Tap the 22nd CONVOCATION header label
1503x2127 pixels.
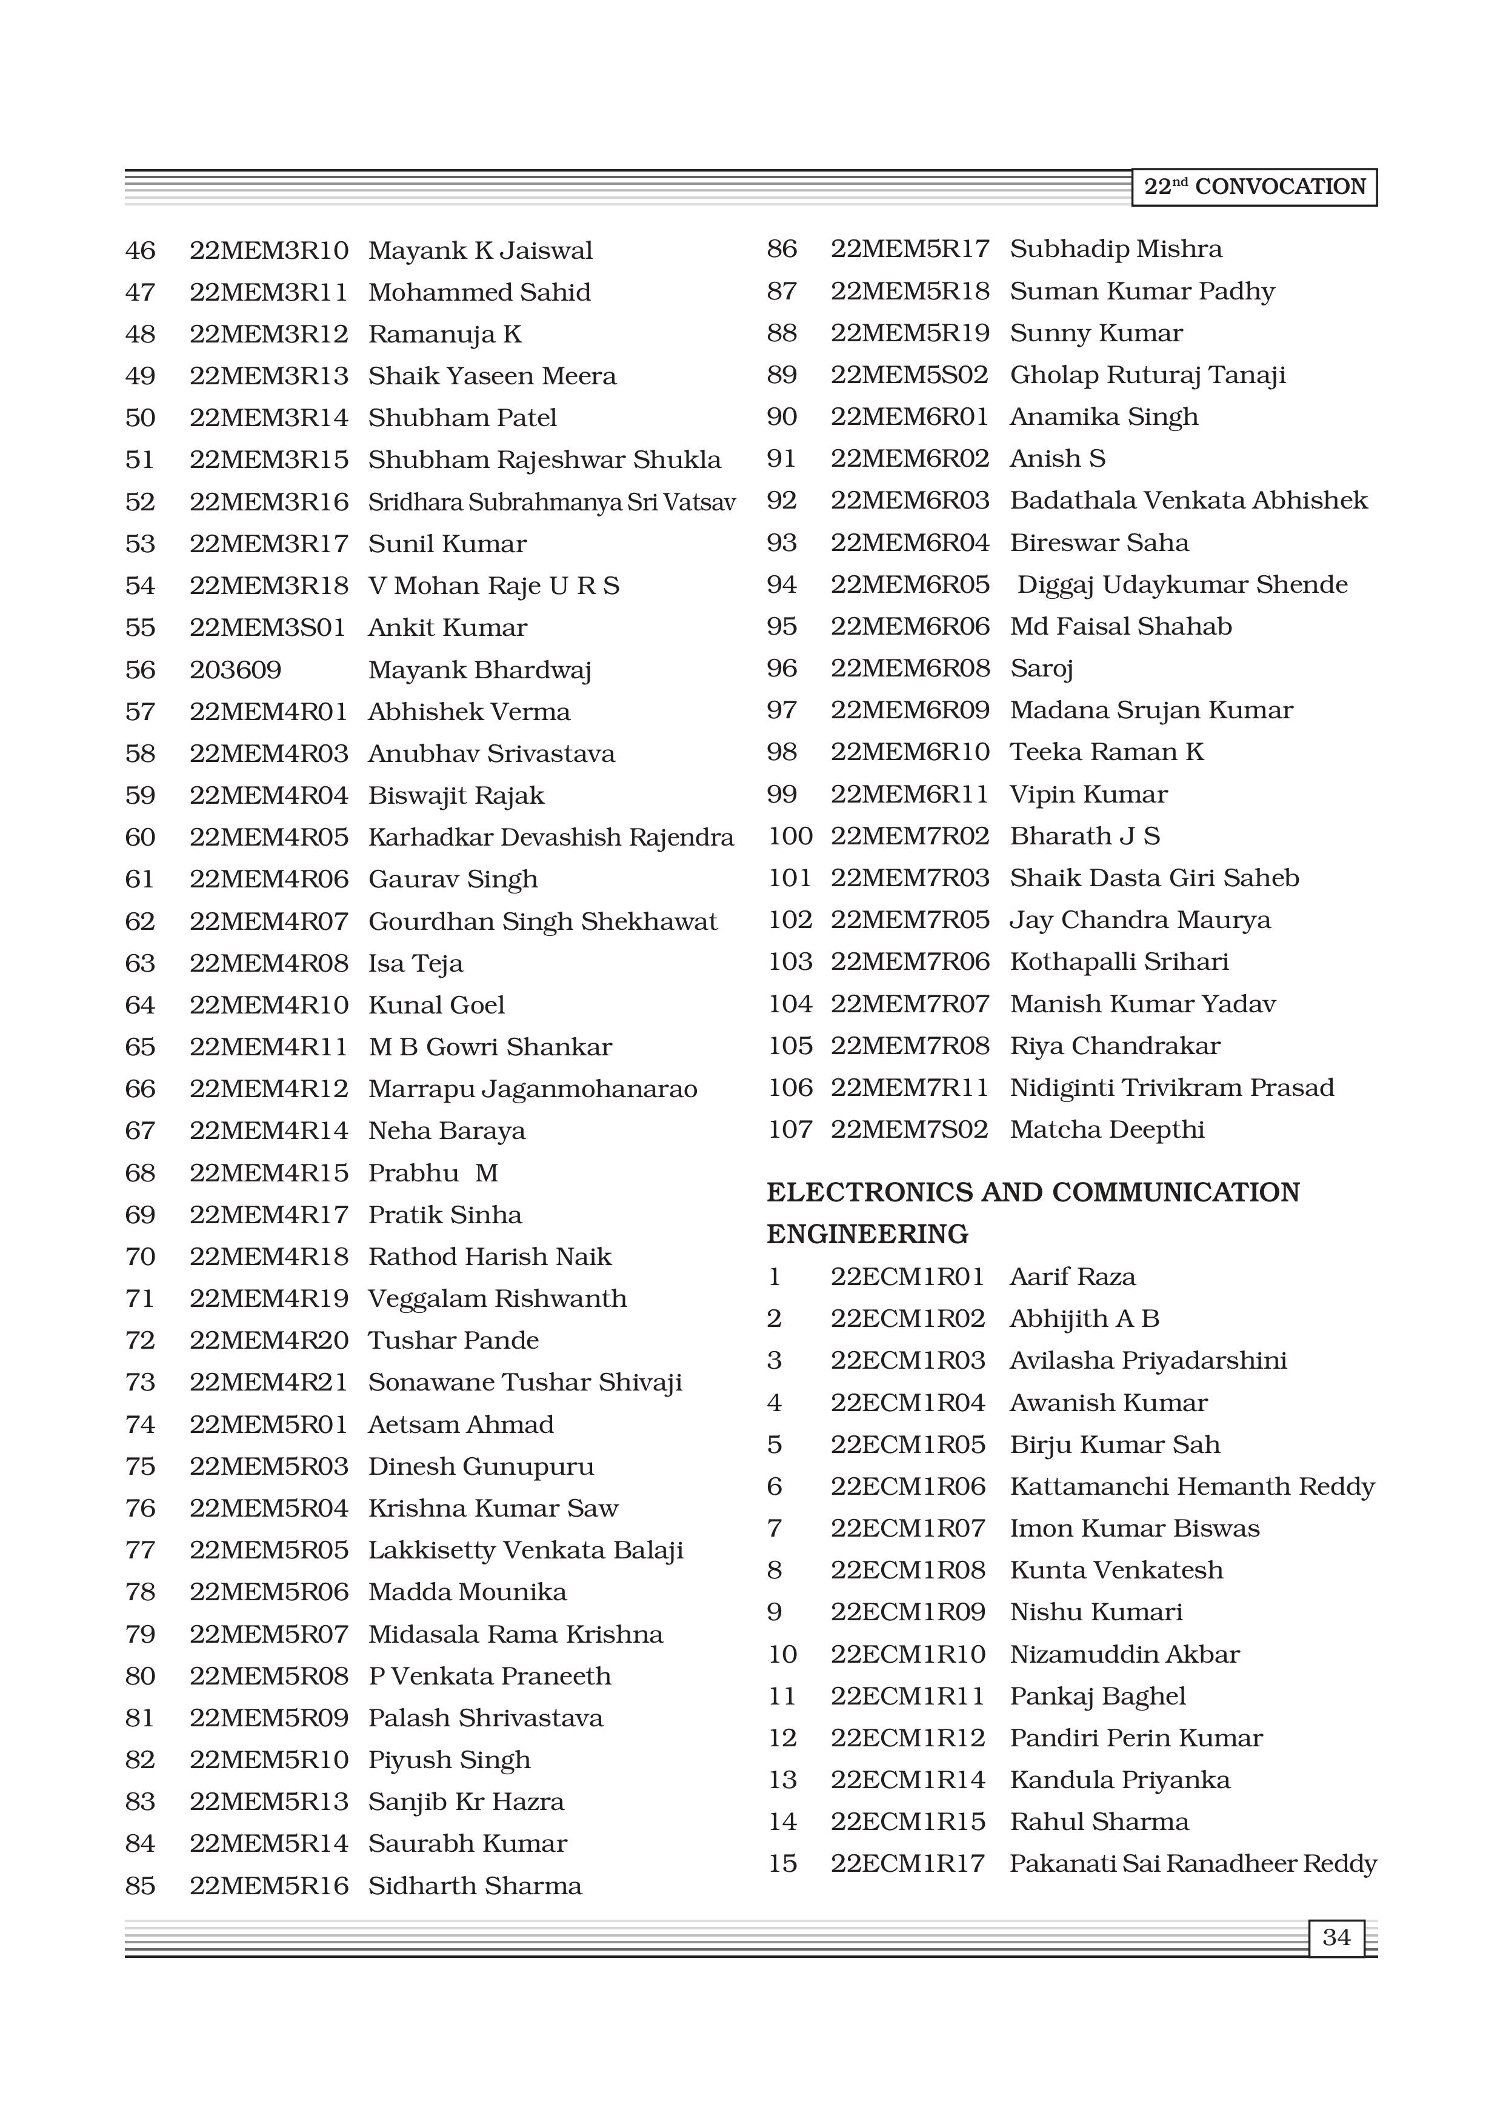pos(1254,187)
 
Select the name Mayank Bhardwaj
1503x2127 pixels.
pos(480,670)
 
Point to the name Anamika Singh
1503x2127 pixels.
pos(1104,417)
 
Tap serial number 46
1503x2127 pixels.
pos(141,251)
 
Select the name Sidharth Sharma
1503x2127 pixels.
pos(475,1886)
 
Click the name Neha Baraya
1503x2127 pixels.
pos(447,1131)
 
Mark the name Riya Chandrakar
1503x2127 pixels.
pos(1115,1046)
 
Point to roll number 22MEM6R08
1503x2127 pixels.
pos(910,668)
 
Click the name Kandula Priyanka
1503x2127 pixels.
pos(1119,1780)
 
